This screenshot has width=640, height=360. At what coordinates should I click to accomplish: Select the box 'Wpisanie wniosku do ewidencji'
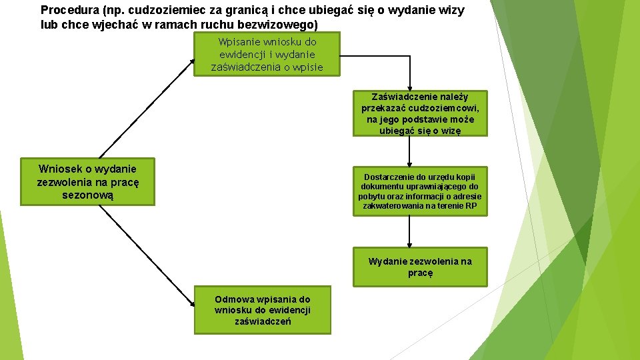[267, 54]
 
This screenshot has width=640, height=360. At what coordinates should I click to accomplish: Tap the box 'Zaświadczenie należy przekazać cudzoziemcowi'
[420, 113]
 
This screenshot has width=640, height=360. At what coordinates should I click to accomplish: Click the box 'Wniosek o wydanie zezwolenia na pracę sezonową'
[87, 181]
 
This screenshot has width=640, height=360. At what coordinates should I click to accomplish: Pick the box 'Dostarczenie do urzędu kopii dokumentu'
[420, 191]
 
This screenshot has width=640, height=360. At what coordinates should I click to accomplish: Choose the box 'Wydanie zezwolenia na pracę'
[420, 267]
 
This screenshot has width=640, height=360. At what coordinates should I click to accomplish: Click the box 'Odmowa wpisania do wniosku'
[262, 310]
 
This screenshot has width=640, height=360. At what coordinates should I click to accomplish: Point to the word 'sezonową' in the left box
[87, 195]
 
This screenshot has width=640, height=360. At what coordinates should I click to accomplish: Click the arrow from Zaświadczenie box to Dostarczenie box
[409, 152]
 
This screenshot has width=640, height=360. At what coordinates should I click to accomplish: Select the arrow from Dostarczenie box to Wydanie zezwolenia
[409, 233]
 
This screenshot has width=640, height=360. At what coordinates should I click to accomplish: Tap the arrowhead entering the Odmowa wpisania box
[191, 307]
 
